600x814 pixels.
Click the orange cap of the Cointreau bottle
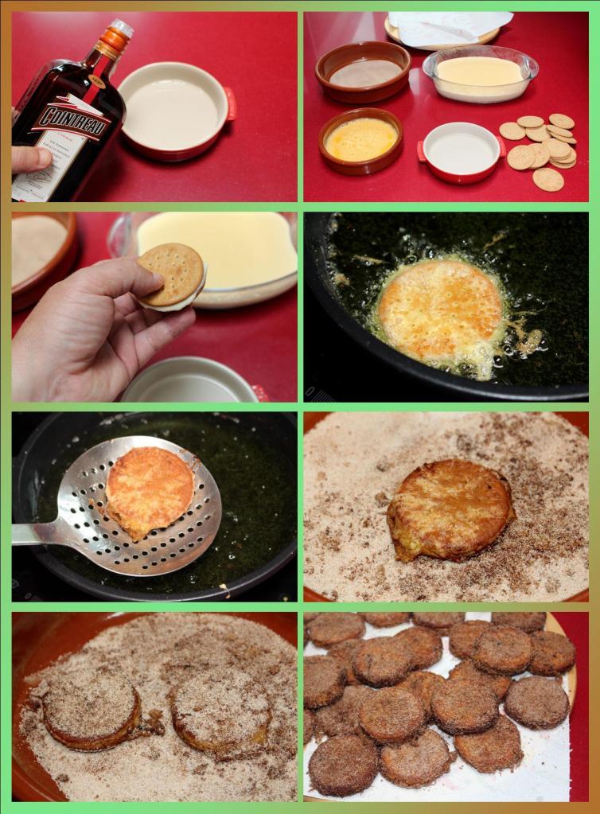[118, 35]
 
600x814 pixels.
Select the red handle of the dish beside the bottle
[230, 103]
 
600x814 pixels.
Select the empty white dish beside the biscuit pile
[461, 152]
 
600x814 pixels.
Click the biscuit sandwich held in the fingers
[170, 274]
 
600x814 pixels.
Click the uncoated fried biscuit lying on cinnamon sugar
[449, 509]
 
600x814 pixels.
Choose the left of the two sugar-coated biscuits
[91, 706]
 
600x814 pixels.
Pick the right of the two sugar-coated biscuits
[221, 710]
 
